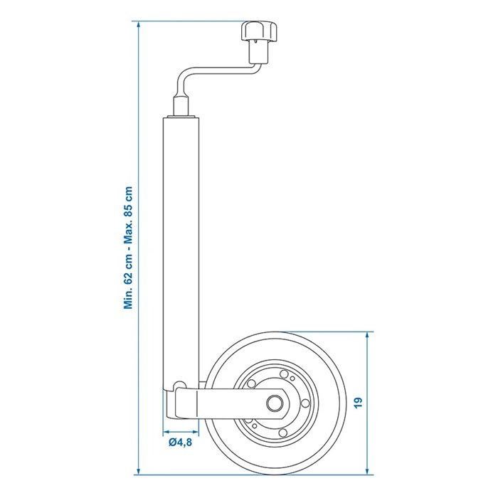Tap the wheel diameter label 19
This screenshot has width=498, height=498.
pos(358,403)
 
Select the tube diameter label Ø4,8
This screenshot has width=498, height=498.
pos(181,442)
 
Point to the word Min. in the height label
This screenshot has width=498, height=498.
pos(128,300)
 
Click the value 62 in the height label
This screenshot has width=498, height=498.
pos(128,277)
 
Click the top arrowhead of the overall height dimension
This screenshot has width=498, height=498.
pos(138,26)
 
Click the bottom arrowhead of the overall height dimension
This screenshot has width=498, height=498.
pos(138,471)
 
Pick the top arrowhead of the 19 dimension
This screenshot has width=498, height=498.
pos(368,336)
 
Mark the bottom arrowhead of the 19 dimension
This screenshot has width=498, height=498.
pos(368,471)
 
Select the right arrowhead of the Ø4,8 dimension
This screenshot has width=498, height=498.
pos(195,432)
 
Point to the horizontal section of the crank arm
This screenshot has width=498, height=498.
pos(222,70)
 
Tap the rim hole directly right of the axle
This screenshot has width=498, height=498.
pos(305,403)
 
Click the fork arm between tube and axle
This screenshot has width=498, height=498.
pos(228,403)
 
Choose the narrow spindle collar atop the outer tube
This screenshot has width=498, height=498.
pos(181,107)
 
